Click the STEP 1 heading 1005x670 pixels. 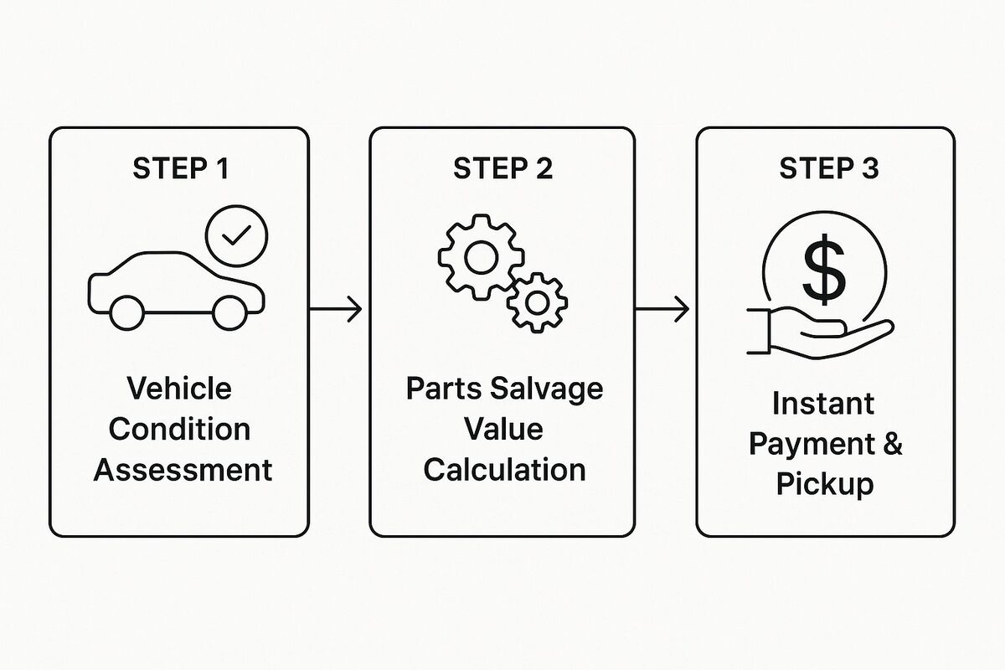180,168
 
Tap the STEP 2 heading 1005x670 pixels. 502,168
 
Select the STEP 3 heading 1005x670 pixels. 828,168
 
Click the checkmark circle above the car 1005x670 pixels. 236,205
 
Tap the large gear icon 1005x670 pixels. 482,215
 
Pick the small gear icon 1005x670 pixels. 537,274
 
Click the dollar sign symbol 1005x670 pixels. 824,270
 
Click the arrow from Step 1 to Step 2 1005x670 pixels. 336,309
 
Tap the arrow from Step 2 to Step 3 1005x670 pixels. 662,309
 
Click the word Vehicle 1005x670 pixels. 179,388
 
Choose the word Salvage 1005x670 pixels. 546,389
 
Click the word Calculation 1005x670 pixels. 505,470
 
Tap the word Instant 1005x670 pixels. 823,404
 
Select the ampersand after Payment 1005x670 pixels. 891,444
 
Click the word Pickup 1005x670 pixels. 825,485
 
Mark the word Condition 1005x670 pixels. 179,429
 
